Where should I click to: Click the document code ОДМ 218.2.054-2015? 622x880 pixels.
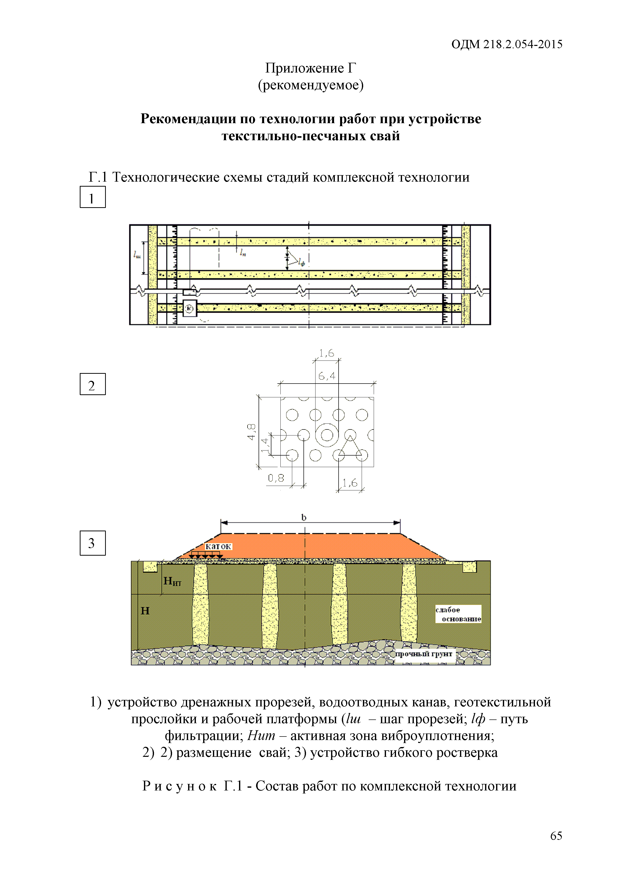506,44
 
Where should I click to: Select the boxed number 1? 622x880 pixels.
92,197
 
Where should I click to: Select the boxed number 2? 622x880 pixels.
92,384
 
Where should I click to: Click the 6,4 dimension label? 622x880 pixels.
327,376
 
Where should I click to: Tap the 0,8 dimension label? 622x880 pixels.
276,478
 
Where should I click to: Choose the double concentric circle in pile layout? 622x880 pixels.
327,435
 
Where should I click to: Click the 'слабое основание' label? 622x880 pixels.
458,614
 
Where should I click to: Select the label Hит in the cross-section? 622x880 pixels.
172,581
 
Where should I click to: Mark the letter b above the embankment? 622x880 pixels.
304,518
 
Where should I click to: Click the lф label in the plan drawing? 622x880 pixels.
302,263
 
